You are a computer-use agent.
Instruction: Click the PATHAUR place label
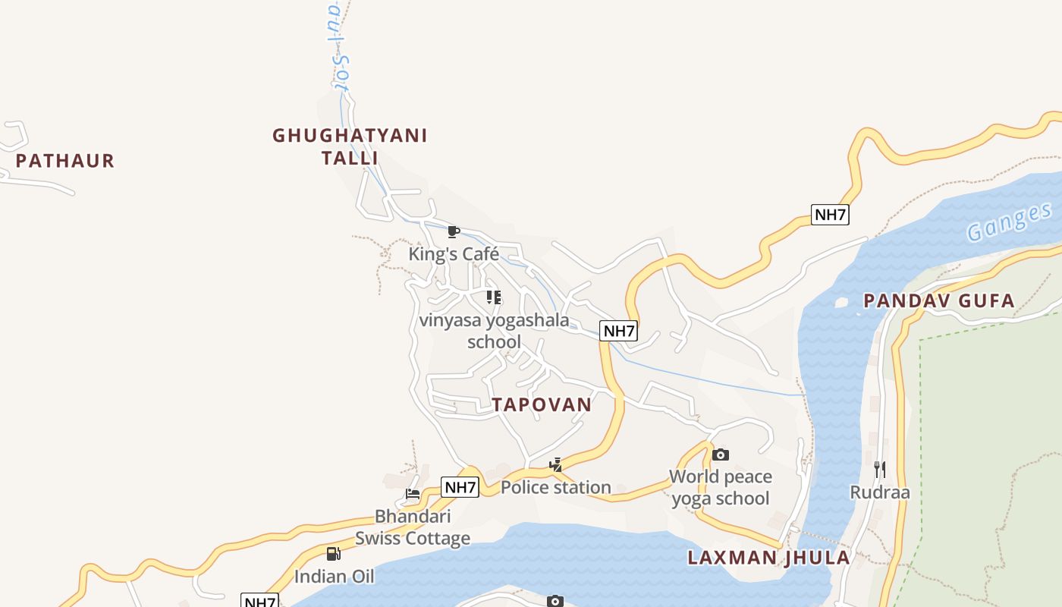(64, 161)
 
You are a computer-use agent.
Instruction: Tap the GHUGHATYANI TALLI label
(350, 146)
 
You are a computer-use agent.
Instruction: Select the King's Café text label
(454, 254)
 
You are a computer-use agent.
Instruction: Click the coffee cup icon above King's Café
(454, 231)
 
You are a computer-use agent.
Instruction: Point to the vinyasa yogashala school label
(494, 331)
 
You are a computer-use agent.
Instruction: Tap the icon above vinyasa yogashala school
(494, 297)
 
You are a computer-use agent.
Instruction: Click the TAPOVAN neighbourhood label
(542, 404)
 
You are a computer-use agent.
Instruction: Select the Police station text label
(556, 487)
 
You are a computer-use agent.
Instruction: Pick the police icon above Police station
(556, 465)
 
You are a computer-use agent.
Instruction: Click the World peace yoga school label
(721, 487)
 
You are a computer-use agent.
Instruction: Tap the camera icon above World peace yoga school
(721, 454)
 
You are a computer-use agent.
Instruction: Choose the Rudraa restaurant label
(880, 492)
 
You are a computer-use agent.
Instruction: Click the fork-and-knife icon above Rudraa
(880, 469)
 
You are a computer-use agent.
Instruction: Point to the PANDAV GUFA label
(939, 301)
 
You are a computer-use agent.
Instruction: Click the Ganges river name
(1010, 222)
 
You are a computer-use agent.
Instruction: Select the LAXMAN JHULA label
(768, 558)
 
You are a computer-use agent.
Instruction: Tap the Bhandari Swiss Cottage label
(413, 527)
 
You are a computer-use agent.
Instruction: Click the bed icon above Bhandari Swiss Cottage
(413, 494)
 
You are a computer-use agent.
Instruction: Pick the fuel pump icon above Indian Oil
(334, 554)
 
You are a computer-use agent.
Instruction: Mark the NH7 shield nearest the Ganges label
(830, 215)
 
